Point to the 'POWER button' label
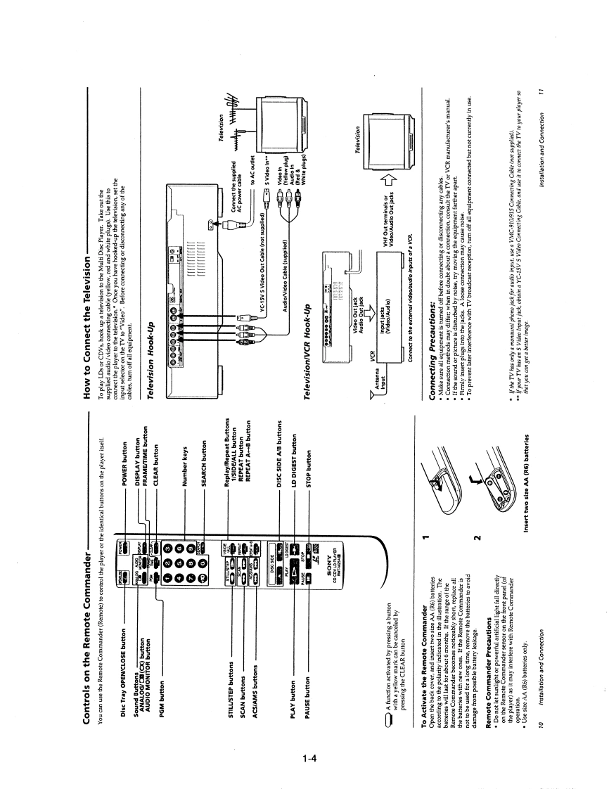point(124,469)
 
